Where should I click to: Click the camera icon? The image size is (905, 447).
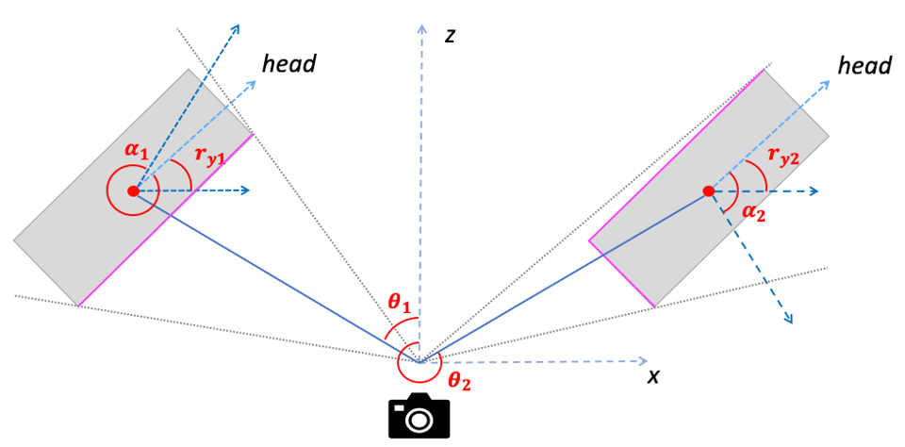(x=420, y=415)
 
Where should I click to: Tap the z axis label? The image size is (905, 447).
(x=451, y=36)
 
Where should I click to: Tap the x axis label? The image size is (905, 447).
(x=652, y=376)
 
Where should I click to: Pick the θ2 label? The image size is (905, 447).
(x=459, y=381)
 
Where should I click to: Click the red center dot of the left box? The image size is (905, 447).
(x=133, y=191)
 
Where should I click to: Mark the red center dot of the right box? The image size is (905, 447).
(x=708, y=191)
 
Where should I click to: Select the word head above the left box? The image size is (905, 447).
(x=289, y=64)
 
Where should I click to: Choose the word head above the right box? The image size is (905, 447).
(x=864, y=65)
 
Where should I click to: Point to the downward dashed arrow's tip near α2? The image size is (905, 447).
(x=789, y=321)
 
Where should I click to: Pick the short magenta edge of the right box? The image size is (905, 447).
(x=621, y=273)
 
